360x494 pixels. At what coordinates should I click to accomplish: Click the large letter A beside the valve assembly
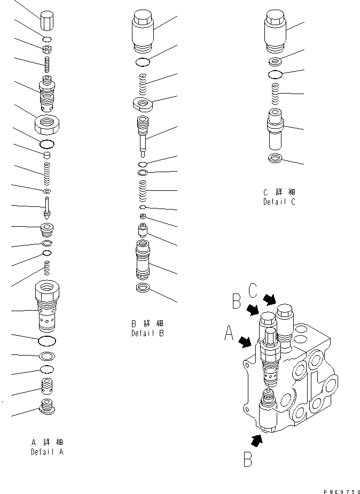point(229,335)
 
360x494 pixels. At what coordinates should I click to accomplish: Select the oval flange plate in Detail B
point(144,103)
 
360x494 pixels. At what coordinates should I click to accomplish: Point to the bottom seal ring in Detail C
point(276,158)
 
